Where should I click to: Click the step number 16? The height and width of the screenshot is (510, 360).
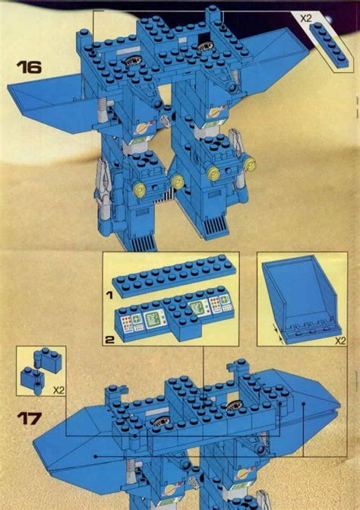30,66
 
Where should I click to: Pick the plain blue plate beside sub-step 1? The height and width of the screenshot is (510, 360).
172,278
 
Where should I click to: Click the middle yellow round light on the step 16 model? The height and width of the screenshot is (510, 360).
178,180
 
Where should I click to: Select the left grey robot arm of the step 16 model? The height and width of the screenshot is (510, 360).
103,182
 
